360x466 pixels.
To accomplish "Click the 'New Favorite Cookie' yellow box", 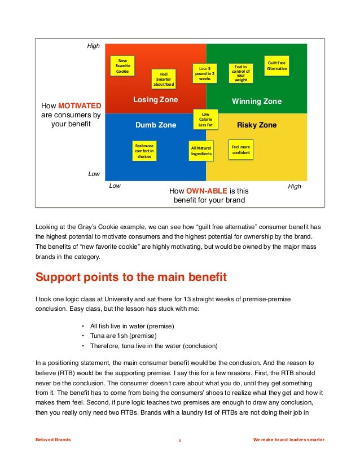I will pos(122,66).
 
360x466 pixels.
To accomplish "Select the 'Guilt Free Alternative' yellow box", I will pos(277,65).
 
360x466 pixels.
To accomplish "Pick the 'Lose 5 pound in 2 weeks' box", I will pos(205,74).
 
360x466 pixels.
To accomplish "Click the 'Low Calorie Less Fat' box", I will pos(205,120).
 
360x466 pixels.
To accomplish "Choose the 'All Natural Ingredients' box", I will pos(201,151).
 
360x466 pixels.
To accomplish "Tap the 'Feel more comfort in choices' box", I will pos(144,151).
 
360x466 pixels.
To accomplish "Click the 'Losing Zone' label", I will pos(155,100).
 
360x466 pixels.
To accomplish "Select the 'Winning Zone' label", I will pos(257,102).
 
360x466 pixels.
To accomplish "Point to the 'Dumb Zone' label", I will pos(156,125).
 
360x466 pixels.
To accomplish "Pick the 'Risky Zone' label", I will pos(257,125).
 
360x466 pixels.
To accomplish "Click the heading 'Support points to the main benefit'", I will pos(131,278).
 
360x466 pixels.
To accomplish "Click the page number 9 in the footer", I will pos(180,440).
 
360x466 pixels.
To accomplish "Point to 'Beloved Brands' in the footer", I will pos(52,440).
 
